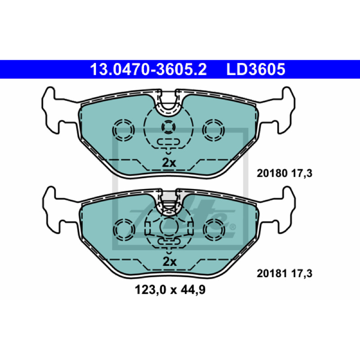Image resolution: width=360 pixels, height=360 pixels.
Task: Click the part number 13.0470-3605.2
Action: [x=148, y=69]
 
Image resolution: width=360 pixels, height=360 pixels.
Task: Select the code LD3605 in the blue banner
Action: [x=256, y=69]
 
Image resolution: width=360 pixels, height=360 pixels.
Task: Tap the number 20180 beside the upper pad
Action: [x=272, y=173]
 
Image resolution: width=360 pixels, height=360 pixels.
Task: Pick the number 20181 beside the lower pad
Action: [x=272, y=274]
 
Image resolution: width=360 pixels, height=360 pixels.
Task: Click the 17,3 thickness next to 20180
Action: [x=302, y=173]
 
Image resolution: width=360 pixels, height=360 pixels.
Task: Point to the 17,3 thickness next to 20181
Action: [x=302, y=274]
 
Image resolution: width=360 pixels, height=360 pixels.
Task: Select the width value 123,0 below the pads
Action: [x=150, y=290]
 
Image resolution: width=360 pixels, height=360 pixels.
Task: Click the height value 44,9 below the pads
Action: [x=193, y=290]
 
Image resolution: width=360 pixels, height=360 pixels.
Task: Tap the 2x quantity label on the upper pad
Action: [x=169, y=163]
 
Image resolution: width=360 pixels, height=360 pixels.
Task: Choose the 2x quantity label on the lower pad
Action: [x=170, y=261]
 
